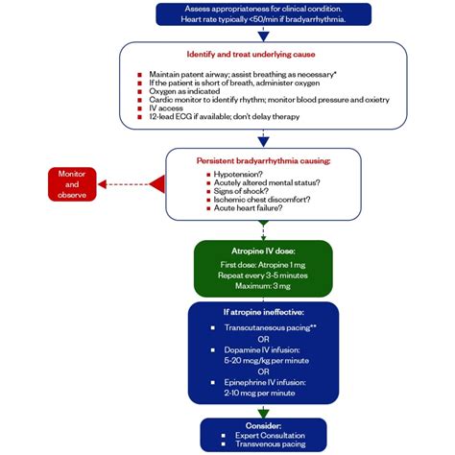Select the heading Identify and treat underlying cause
[254, 55]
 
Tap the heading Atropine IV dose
[263, 251]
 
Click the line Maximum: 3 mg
[263, 286]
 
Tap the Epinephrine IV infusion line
[263, 382]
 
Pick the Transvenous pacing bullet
[263, 446]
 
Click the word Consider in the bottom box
[263, 423]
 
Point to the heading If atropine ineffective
[263, 311]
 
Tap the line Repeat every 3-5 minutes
[263, 275]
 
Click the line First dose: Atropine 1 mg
[263, 263]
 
